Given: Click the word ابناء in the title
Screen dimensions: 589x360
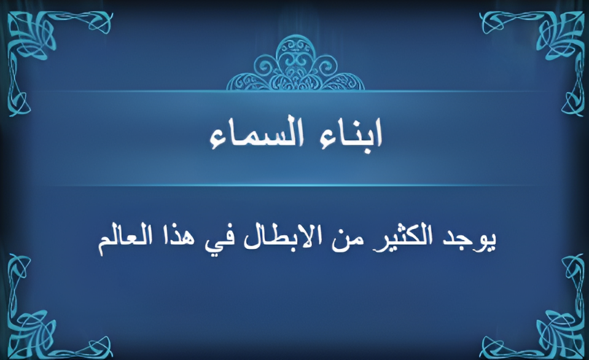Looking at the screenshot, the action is click(x=350, y=134).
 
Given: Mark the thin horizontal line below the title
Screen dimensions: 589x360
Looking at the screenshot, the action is click(x=295, y=186).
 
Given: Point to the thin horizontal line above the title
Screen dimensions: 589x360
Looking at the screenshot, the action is click(x=295, y=92).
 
